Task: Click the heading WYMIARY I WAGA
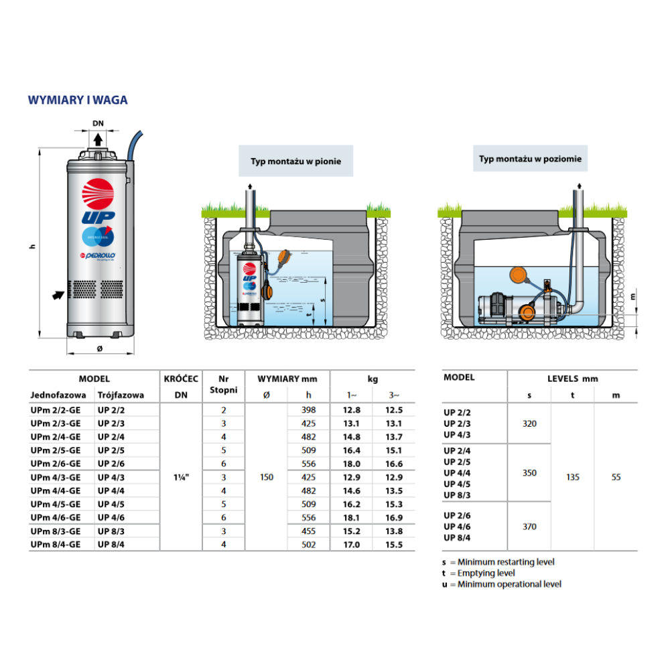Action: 78,100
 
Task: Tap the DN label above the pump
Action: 98,123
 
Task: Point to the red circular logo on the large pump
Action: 98,195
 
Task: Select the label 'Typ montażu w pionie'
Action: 296,161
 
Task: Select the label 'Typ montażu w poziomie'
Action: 530,159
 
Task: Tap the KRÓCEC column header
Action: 181,379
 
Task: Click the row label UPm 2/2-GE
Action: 56,410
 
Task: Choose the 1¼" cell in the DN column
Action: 181,477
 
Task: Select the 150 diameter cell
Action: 267,477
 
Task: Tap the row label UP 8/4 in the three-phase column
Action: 111,544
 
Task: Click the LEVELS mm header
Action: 572,379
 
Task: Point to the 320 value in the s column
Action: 529,423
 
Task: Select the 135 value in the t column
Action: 573,477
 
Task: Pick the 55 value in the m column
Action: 616,477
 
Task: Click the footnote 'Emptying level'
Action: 486,574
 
